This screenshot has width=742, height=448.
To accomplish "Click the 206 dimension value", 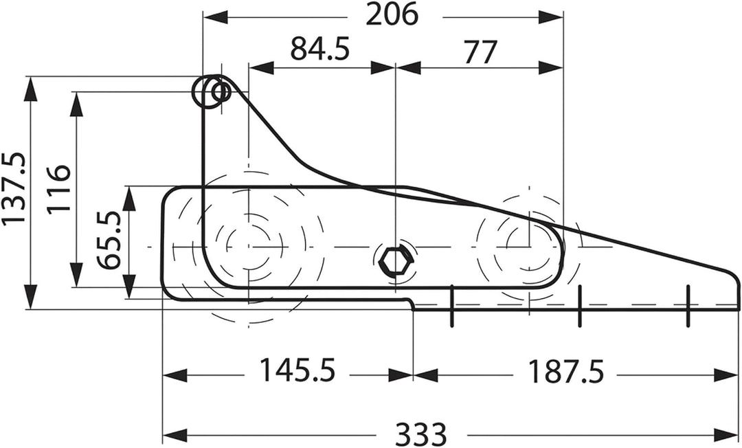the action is coord(392,14).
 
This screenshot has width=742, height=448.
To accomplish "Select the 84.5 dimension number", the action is coord(320,49).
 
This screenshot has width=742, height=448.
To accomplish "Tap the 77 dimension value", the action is coord(480,52).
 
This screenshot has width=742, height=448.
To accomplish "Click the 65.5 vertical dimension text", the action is coord(110,240).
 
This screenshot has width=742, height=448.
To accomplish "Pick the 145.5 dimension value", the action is coord(297,370).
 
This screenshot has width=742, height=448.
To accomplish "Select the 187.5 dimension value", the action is coord(565,371).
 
